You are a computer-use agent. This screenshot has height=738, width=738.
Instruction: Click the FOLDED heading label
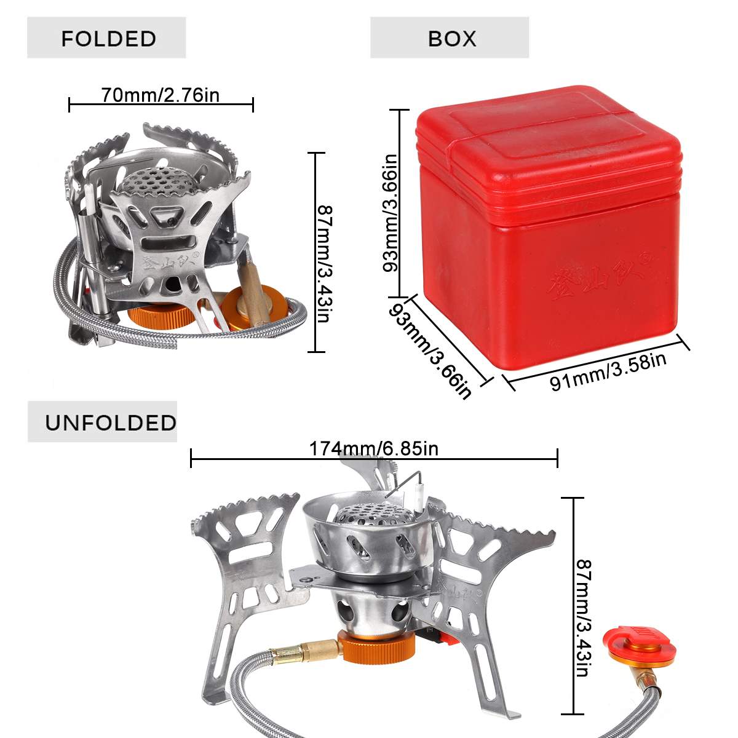pos(108,39)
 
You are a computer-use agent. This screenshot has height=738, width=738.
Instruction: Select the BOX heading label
pos(452,39)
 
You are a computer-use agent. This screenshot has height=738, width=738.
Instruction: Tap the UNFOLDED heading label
pos(110,423)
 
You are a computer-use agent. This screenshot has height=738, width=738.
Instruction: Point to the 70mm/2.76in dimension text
pos(160,95)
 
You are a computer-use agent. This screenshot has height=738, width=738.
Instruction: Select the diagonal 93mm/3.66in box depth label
pos(430,351)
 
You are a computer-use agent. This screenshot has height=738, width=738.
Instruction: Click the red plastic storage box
pos(547,228)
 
